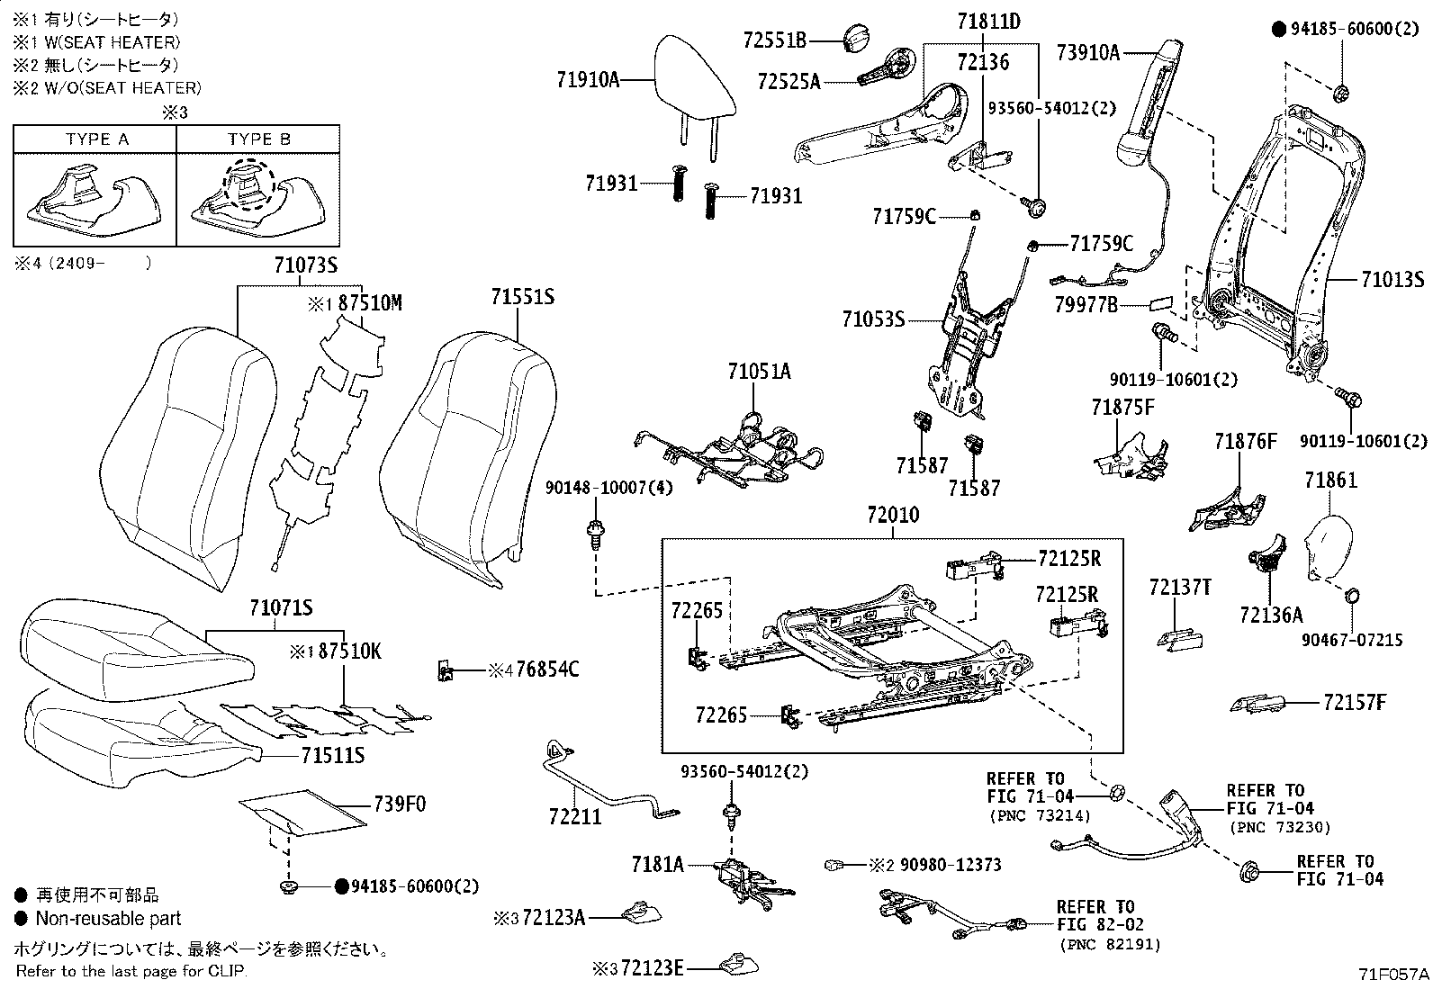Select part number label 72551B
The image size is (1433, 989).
point(775,40)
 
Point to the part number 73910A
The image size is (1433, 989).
point(1087,53)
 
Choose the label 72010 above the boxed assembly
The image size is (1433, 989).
point(893,516)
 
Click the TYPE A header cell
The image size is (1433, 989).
point(96,139)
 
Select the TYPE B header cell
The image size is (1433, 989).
point(258,139)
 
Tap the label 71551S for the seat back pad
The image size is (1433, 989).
point(522,297)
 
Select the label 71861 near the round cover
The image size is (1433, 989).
point(1330,481)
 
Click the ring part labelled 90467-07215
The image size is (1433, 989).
point(1352,596)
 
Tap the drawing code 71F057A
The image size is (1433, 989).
point(1393,974)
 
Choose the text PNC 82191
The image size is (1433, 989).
point(1110,944)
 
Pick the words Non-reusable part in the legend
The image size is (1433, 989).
point(108,919)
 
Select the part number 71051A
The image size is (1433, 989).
point(759,371)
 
